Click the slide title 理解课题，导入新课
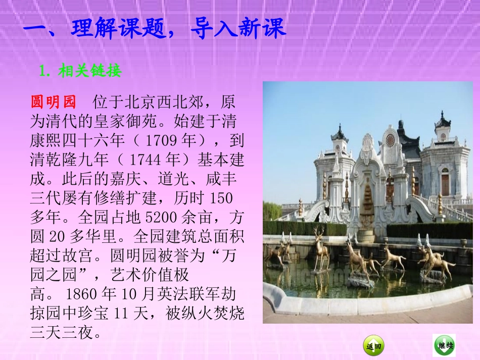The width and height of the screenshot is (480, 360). [155, 29]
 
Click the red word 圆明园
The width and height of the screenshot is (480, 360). [53, 102]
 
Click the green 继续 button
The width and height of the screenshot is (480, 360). [444, 345]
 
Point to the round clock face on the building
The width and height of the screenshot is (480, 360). [390, 140]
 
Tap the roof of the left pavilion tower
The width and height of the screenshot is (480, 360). [339, 135]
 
